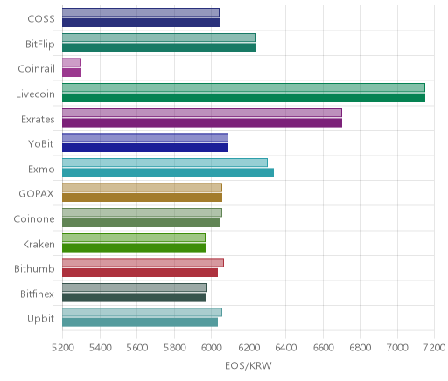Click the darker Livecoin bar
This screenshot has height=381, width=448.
pos(243,98)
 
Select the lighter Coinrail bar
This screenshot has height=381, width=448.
pos(71,63)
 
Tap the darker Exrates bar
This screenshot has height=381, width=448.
pos(202,123)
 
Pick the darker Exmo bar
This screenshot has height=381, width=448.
pos(168,173)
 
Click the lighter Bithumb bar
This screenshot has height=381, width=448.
pos(143,263)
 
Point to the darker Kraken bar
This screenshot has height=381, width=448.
pos(134,248)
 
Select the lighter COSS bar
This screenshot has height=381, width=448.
pos(141,12)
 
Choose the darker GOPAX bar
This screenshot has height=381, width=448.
pos(142,197)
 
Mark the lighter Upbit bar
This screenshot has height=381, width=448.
pos(142,313)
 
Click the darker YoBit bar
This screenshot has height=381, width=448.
pos(145,148)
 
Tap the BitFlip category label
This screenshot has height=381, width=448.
pos(40,45)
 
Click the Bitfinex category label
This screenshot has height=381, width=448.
pos(37,294)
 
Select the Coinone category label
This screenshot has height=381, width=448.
pos(34,218)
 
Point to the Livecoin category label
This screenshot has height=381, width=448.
pos(35,94)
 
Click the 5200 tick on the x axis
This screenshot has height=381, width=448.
pos(62,347)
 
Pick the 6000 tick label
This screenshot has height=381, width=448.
pos(211,347)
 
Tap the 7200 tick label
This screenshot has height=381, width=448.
pos(434,347)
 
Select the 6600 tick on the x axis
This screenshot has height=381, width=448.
pos(323,347)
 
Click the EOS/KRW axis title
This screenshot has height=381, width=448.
pos(248,365)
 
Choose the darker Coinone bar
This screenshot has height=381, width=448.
pos(141,223)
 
